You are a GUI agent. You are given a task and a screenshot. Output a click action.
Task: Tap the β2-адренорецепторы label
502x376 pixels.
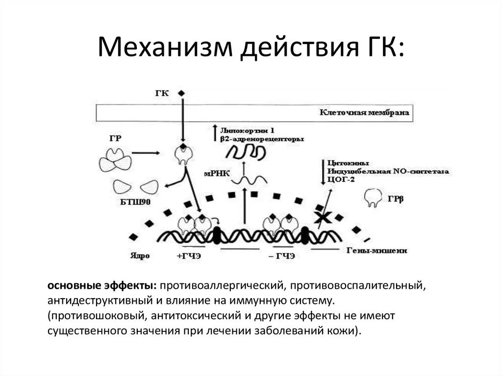click(262, 139)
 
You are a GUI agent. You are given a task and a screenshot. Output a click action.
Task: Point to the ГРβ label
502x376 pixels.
click(396, 200)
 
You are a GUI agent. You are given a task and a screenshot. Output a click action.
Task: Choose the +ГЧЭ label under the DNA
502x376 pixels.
click(188, 256)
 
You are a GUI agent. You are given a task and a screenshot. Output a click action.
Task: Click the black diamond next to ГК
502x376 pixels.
click(181, 93)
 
